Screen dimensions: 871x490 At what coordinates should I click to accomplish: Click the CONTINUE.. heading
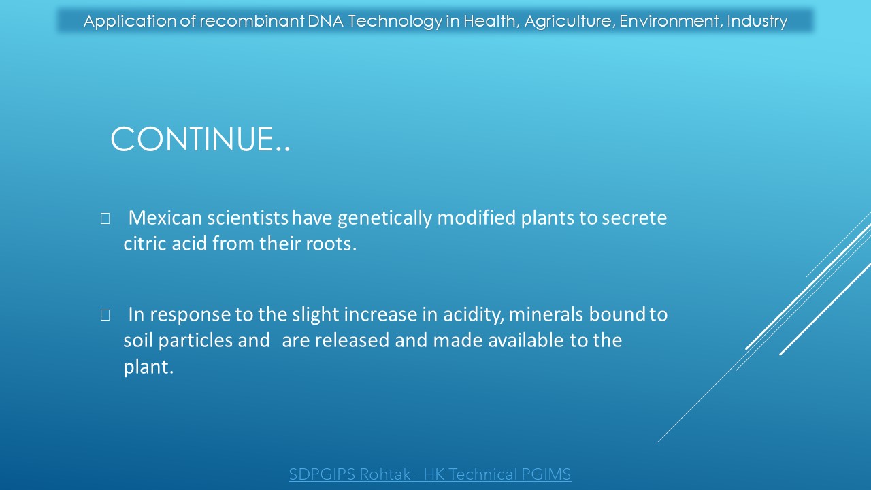[200, 139]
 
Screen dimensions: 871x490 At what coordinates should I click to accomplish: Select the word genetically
[384, 218]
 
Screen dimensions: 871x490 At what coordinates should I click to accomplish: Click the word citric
[145, 244]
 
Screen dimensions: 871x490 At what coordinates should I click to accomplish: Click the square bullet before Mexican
[105, 218]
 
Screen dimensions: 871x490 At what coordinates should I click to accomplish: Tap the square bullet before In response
[105, 315]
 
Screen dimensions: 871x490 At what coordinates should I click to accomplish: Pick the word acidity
[474, 315]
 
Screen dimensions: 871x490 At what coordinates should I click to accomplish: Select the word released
[352, 340]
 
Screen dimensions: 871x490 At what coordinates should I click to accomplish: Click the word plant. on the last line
[148, 367]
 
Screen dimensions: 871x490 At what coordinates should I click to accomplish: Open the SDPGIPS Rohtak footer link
[429, 474]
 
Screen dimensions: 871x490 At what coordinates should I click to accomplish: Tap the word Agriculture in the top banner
[570, 22]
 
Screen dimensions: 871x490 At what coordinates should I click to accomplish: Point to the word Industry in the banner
[757, 22]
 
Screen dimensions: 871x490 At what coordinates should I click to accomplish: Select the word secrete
[634, 218]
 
